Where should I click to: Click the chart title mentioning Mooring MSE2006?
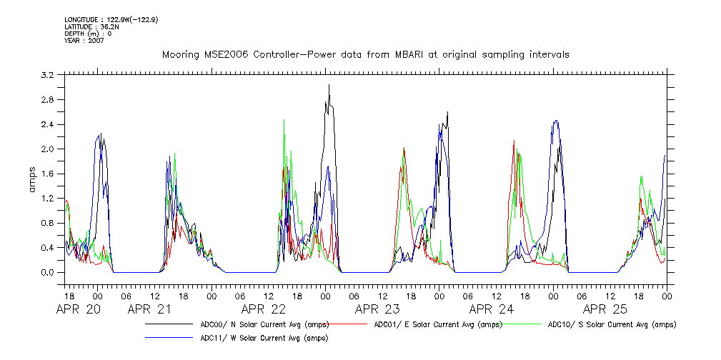pyautogui.click(x=365, y=55)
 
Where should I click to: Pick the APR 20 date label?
pyautogui.click(x=79, y=309)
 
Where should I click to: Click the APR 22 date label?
pyautogui.click(x=264, y=309)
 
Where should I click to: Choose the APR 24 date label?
pyautogui.click(x=492, y=309)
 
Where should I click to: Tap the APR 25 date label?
pyautogui.click(x=605, y=309)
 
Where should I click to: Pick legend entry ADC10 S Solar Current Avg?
pyautogui.click(x=612, y=324)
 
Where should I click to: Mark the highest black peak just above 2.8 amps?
pyautogui.click(x=329, y=85)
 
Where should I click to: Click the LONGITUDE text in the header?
pyautogui.click(x=111, y=19)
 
